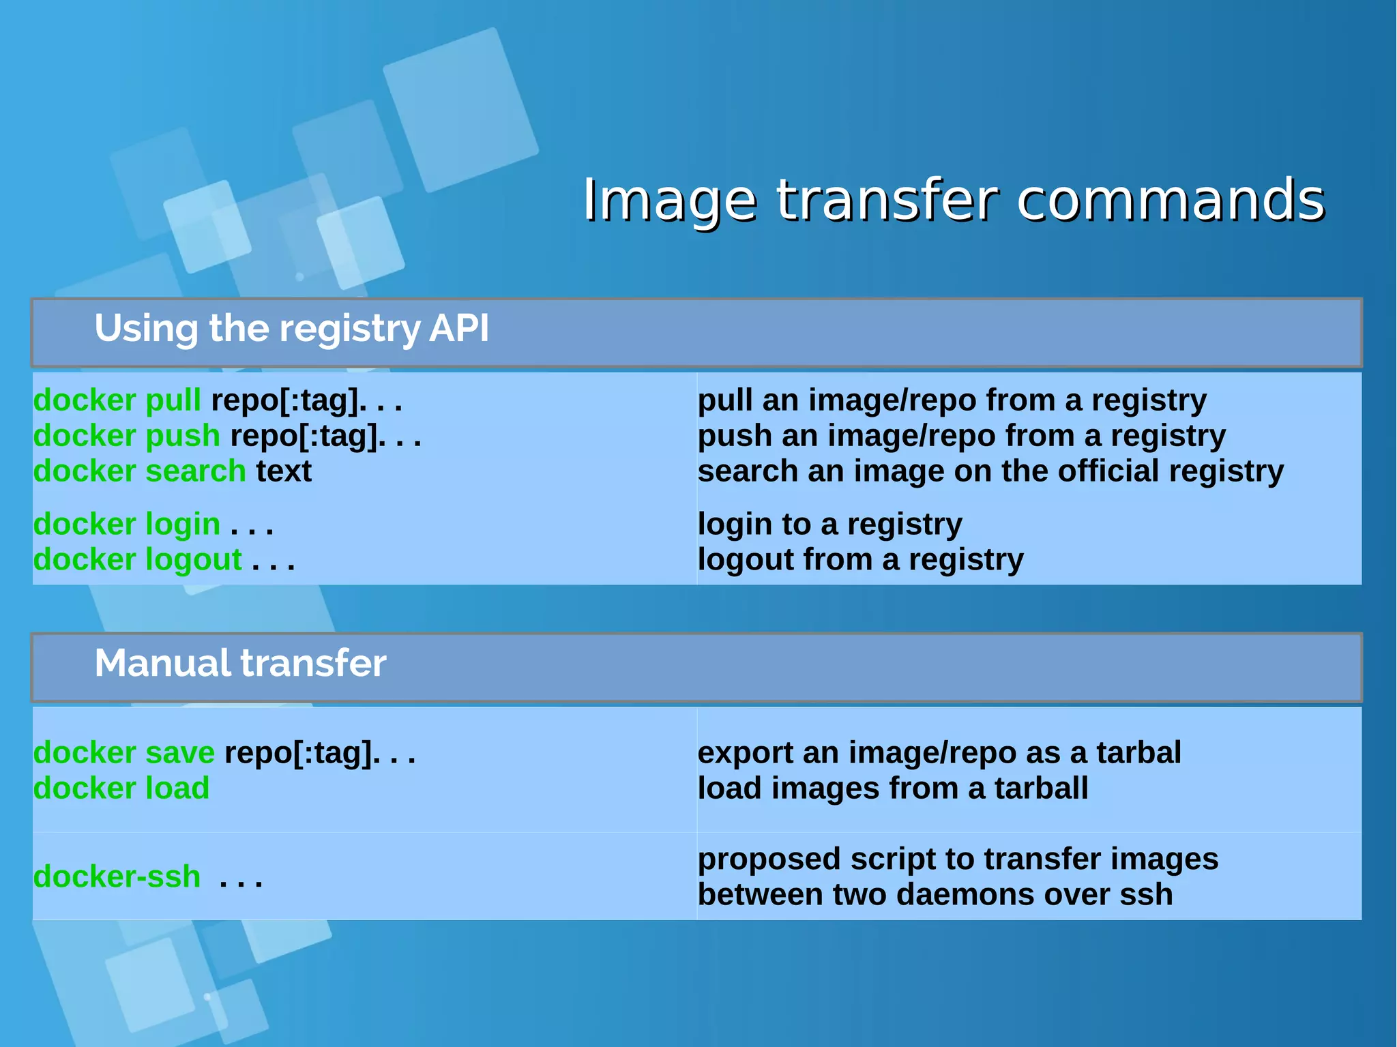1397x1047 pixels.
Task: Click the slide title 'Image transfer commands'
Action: tap(954, 200)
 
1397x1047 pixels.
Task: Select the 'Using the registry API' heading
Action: tap(291, 329)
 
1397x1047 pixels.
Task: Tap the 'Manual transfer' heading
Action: tap(240, 663)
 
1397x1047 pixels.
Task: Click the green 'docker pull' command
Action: tap(117, 400)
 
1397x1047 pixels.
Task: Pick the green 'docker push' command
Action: tap(127, 436)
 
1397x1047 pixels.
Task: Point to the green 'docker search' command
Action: tap(140, 471)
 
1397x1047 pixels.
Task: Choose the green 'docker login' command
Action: tap(127, 525)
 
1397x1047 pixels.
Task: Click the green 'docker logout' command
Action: tap(138, 560)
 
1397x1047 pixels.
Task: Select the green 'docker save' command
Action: tap(124, 753)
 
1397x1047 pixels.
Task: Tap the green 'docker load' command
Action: tap(121, 788)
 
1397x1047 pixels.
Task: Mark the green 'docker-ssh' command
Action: tap(117, 877)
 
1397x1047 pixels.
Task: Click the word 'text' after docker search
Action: tap(284, 471)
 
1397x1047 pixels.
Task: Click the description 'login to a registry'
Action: tap(829, 525)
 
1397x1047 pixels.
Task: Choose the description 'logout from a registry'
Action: tap(860, 560)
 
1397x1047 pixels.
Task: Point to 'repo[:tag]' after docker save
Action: tap(299, 753)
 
